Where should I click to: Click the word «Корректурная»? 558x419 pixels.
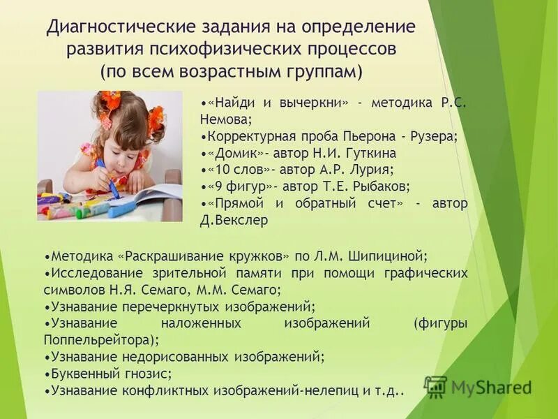249,136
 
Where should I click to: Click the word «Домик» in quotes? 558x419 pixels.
234,153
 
